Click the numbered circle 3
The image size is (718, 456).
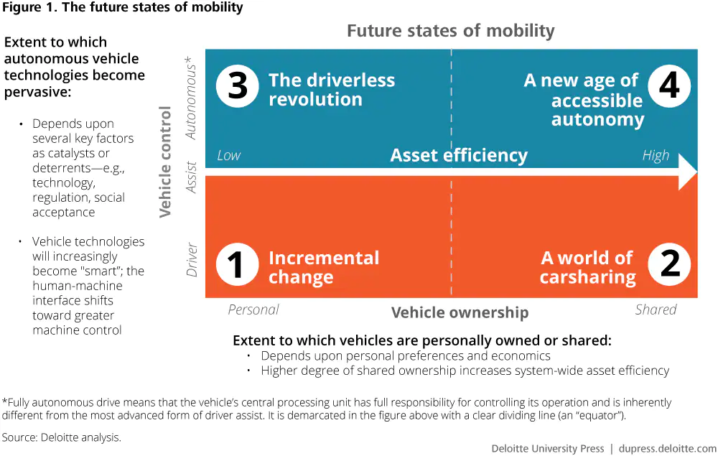point(237,86)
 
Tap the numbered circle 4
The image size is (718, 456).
point(669,86)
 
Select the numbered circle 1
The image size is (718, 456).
point(237,264)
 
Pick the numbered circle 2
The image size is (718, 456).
point(669,264)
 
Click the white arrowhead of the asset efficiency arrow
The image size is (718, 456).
point(687,172)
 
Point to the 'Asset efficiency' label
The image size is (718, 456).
point(459,156)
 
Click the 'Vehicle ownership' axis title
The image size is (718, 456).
point(460,312)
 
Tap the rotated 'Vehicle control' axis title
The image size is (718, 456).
point(165,162)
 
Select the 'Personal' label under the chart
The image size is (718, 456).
point(253,310)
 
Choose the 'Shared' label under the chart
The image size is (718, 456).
point(656,310)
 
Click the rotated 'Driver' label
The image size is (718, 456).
point(192,259)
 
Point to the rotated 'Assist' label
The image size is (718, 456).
point(191,177)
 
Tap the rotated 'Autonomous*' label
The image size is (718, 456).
point(190,98)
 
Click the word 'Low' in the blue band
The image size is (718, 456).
point(228,156)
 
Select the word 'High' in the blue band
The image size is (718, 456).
point(656,156)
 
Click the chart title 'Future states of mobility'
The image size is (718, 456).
point(451,31)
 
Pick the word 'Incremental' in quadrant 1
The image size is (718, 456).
point(324,258)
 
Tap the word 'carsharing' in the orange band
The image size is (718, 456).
point(588,277)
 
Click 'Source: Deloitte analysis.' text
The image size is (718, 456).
point(61,437)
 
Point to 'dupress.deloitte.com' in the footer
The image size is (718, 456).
point(668,449)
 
